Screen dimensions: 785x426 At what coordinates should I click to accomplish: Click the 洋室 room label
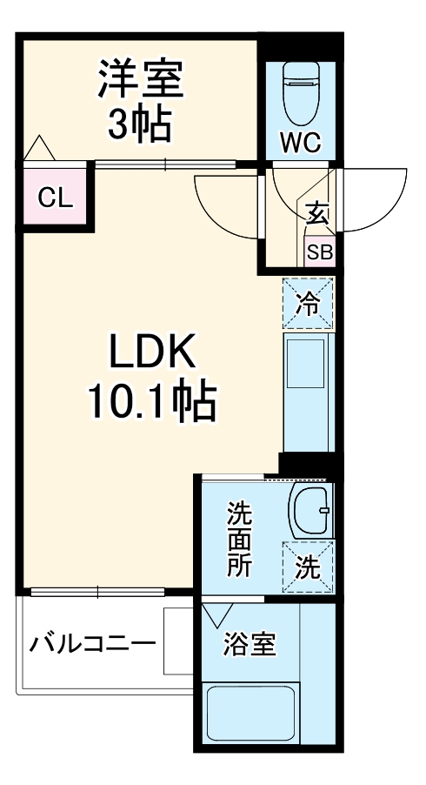point(139,79)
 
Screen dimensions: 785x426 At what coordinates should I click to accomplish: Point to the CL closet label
point(54,198)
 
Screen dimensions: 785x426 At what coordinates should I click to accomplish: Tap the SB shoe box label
point(319,253)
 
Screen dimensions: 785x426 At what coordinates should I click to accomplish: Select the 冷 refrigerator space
point(308,303)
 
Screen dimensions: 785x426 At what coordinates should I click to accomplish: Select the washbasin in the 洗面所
point(310,509)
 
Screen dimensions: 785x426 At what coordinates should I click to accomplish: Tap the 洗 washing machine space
point(308,567)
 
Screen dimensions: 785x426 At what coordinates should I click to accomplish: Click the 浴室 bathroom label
point(249,645)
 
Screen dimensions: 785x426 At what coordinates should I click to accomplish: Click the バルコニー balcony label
point(93,645)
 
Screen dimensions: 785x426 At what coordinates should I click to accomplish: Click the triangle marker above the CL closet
point(39,149)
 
